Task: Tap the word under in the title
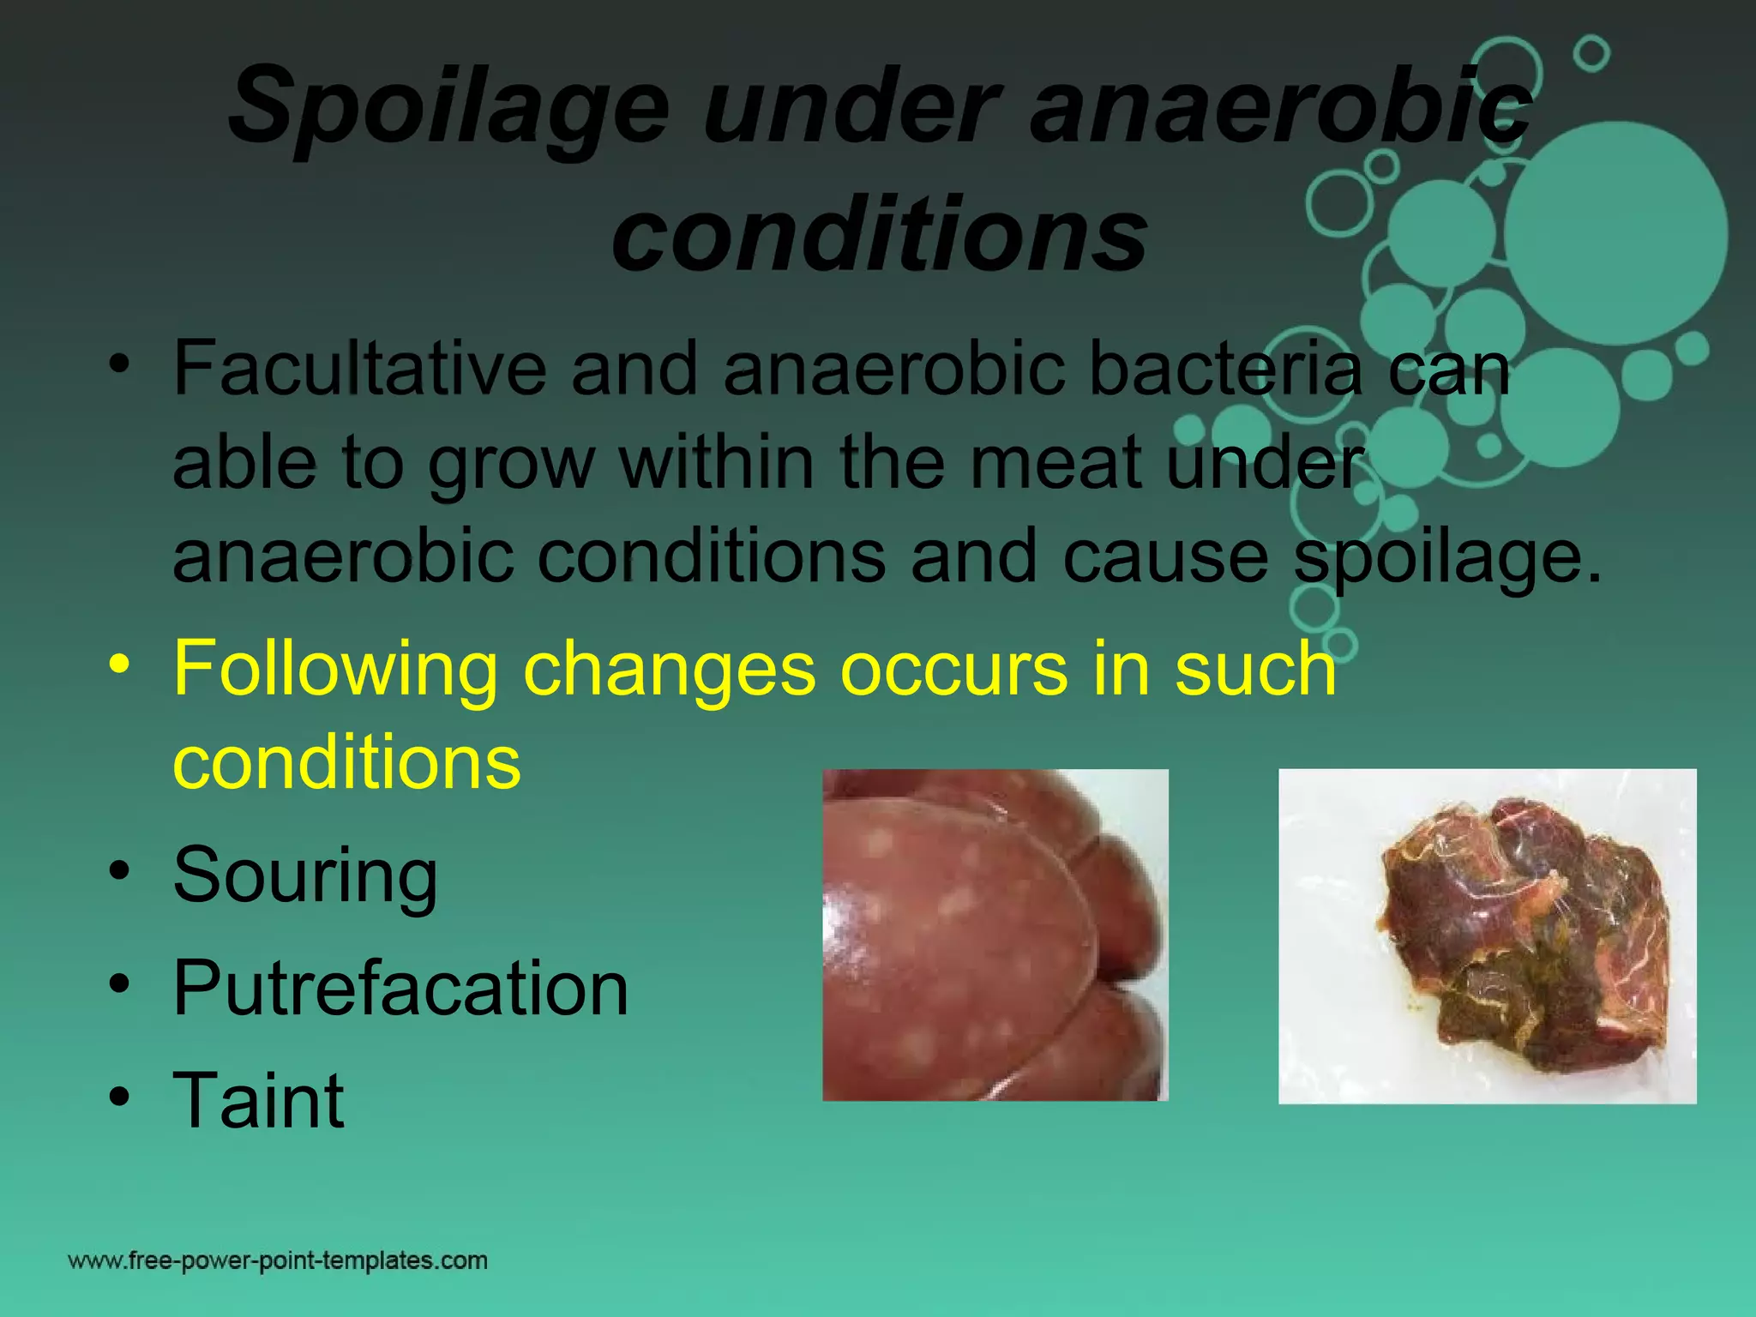[x=850, y=108]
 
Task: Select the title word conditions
[x=879, y=233]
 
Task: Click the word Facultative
[x=359, y=369]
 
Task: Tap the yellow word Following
[x=335, y=670]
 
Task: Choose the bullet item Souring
[x=305, y=875]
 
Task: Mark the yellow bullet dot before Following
[x=119, y=665]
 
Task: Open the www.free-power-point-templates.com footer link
[x=278, y=1260]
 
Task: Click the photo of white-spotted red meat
[x=995, y=935]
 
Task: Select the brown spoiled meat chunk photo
[x=1487, y=936]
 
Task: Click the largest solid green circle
[x=1616, y=234]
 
